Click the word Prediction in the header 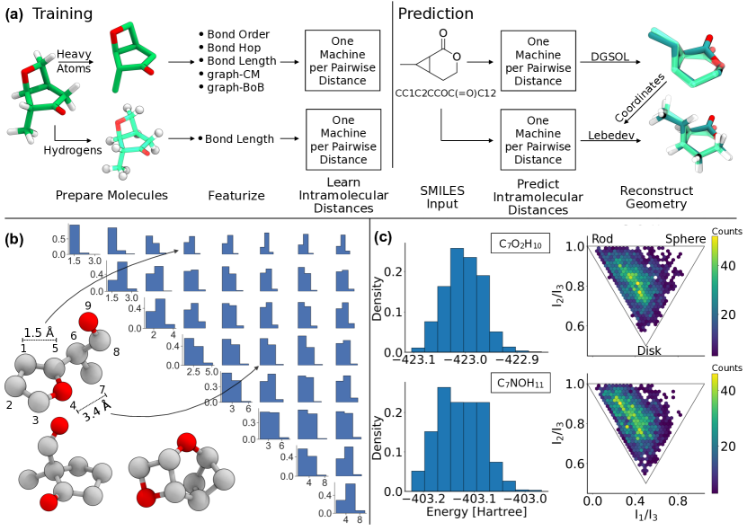coord(437,14)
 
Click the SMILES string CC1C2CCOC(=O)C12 coord(440,92)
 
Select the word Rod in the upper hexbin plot coord(604,239)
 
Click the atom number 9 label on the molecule coord(88,305)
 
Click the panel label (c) coord(382,238)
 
